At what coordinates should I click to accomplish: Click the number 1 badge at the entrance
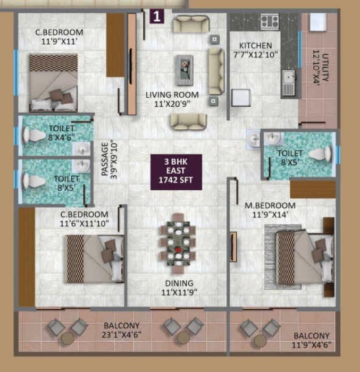tap(156, 16)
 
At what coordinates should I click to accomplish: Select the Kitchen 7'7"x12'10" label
tap(255, 50)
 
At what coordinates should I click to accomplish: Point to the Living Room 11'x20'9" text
tap(172, 99)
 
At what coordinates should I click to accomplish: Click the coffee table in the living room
tap(185, 66)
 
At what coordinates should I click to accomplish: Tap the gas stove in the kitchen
tap(269, 22)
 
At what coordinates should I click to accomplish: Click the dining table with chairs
tap(178, 240)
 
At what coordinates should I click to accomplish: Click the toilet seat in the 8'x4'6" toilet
tap(34, 135)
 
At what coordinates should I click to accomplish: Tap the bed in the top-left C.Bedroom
tap(53, 83)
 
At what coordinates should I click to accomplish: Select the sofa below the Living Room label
tap(188, 121)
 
